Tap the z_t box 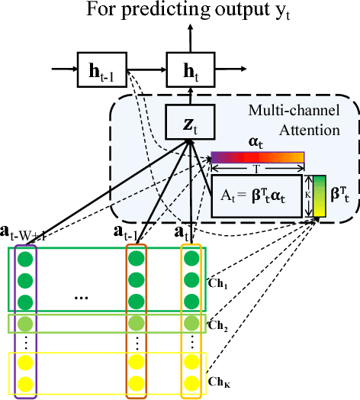188,121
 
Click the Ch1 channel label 218,280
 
